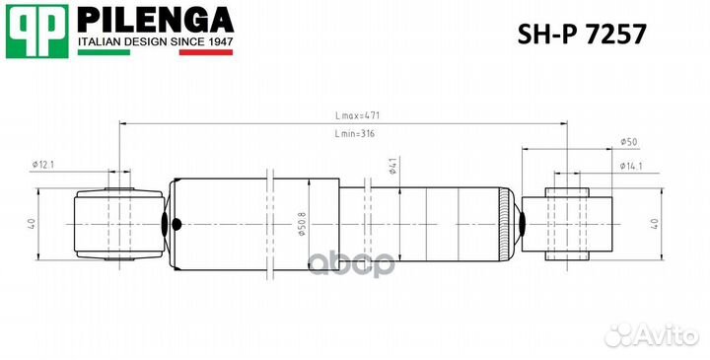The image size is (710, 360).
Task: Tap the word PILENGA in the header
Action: (x=155, y=19)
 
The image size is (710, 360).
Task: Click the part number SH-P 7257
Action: (x=582, y=34)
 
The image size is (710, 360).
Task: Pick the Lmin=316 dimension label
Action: (x=354, y=133)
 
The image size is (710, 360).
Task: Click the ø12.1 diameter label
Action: (x=44, y=165)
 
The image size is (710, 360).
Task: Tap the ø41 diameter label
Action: (x=391, y=169)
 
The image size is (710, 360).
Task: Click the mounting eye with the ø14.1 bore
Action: (x=568, y=223)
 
